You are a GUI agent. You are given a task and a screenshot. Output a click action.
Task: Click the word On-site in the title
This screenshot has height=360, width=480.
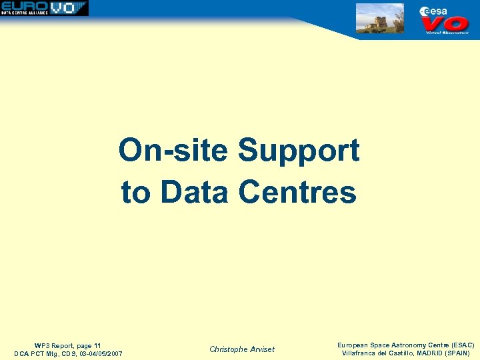point(175,151)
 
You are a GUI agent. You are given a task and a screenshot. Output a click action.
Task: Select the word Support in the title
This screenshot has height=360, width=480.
point(299,152)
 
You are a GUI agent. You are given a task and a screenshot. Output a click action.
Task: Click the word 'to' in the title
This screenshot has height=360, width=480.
point(136,192)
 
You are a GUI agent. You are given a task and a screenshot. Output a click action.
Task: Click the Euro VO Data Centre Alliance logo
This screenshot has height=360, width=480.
point(44,8)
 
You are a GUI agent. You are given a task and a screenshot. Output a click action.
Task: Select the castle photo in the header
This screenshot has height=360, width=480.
point(379,18)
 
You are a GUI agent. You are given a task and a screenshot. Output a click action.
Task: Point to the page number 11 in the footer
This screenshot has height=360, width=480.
point(97,345)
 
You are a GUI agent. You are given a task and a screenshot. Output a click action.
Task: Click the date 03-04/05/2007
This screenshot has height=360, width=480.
point(100,353)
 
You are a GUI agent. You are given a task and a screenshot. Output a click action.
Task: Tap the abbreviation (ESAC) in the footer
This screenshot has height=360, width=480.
point(461,345)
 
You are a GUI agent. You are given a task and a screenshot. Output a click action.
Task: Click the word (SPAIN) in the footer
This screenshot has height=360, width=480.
point(456,353)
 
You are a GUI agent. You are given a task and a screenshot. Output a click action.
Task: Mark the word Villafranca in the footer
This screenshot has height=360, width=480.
point(360,353)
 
